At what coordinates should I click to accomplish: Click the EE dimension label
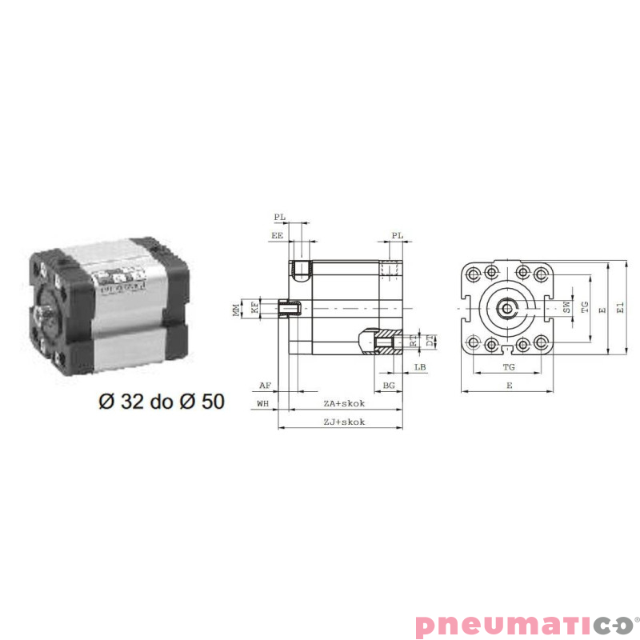278,236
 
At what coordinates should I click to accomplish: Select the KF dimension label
254,307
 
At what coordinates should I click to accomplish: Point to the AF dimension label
266,385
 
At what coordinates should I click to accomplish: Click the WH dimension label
262,403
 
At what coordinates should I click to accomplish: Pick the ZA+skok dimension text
344,403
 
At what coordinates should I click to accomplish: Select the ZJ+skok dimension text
344,422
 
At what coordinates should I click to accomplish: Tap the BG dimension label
389,385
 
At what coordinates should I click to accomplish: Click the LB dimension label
420,368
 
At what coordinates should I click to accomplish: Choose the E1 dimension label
620,307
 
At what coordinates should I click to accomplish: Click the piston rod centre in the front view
506,307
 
